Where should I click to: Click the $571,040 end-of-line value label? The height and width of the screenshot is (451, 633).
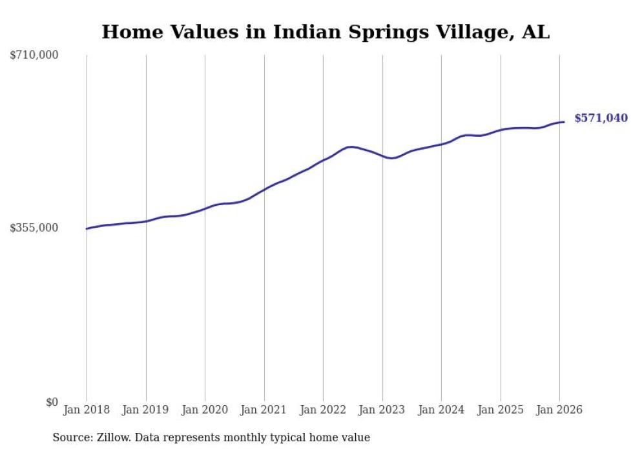(x=601, y=118)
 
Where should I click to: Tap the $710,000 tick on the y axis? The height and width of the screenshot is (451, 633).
(x=34, y=55)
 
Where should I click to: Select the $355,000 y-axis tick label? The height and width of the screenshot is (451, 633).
(x=34, y=228)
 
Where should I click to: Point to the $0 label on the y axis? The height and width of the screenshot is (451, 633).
(x=52, y=402)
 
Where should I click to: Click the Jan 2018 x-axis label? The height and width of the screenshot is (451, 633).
(x=87, y=410)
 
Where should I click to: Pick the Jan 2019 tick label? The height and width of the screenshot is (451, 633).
(x=146, y=410)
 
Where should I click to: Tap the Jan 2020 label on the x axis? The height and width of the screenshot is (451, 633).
(x=205, y=410)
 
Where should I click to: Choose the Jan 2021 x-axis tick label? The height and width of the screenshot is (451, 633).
(x=264, y=410)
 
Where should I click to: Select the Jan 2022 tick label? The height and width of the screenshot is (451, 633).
(x=323, y=410)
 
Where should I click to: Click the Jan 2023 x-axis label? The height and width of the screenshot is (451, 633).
(x=382, y=410)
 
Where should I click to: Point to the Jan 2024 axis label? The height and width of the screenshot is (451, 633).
(x=441, y=410)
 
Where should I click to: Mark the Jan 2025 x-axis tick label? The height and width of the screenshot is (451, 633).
(x=501, y=410)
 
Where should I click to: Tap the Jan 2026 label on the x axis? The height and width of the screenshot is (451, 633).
(x=559, y=410)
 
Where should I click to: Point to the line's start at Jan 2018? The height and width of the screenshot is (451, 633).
(x=87, y=228)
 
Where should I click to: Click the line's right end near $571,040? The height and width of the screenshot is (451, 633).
(x=564, y=122)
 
